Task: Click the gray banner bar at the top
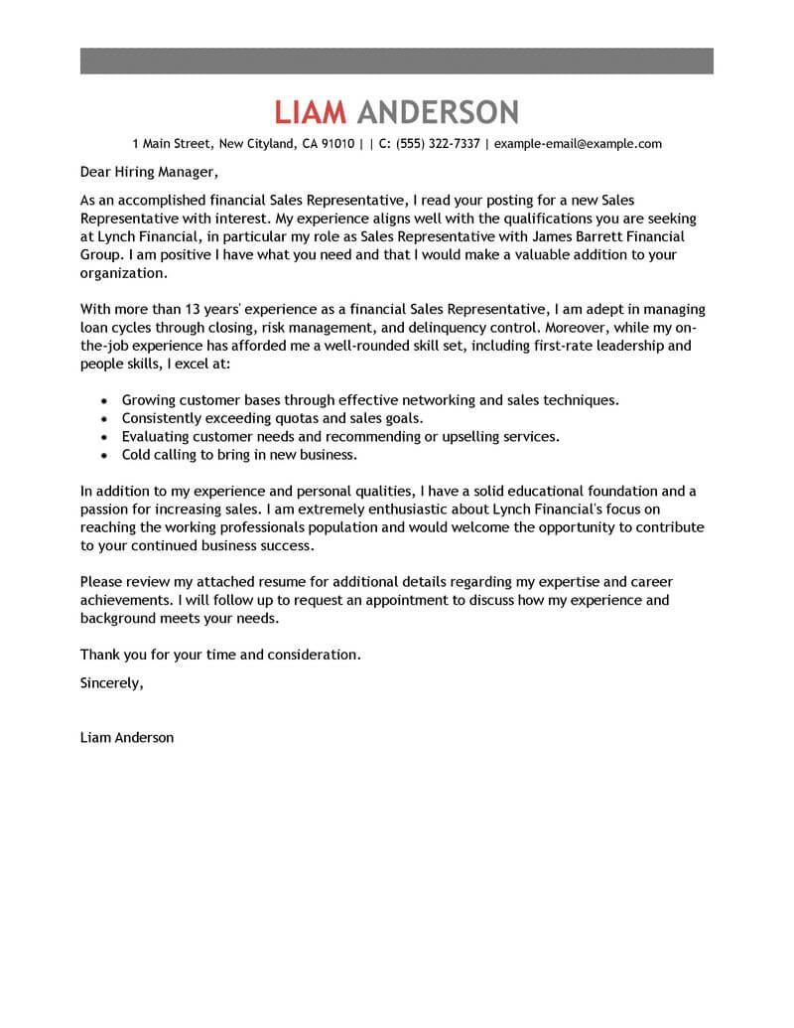click(396, 60)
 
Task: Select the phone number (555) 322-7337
click(438, 144)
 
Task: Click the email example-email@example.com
click(578, 144)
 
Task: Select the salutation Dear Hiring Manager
click(145, 172)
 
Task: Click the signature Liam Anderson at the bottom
click(126, 738)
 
